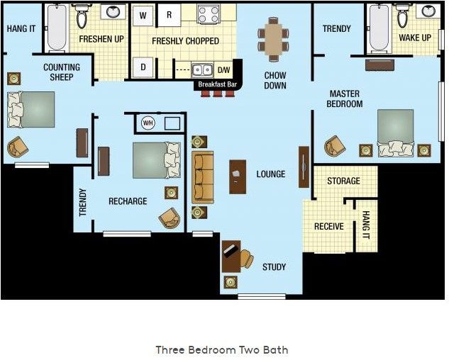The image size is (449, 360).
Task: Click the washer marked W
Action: tap(143, 16)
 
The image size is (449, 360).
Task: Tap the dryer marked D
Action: tap(143, 67)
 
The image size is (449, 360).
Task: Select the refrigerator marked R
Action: tap(170, 15)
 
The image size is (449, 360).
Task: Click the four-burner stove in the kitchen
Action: tap(208, 15)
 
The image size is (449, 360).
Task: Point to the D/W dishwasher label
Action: tap(223, 70)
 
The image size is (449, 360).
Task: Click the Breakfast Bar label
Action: tap(218, 84)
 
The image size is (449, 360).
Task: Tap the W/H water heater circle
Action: tap(148, 123)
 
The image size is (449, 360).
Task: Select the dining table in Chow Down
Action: tap(273, 39)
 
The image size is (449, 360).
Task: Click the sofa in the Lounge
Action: tap(202, 177)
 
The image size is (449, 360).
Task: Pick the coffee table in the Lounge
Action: tap(238, 177)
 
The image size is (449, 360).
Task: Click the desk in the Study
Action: tap(231, 257)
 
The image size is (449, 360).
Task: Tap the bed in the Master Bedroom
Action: tap(396, 133)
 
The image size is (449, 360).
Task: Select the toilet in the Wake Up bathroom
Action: tap(403, 16)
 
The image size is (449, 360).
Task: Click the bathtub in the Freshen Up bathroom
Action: tap(57, 28)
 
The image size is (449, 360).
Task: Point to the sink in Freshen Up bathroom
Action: tap(113, 12)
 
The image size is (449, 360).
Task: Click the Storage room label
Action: tap(343, 181)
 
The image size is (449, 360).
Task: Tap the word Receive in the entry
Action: tap(329, 226)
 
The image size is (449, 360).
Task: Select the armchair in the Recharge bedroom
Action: tap(170, 218)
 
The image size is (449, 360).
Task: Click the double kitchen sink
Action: tap(202, 70)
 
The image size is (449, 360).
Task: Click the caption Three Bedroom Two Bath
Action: tap(222, 349)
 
